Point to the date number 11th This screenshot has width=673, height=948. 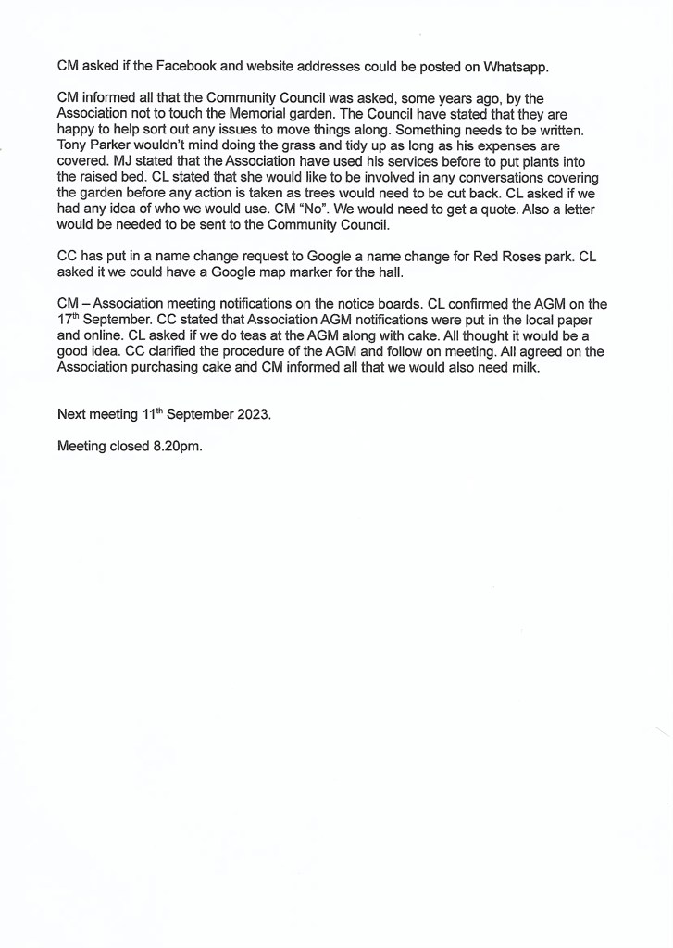click(x=150, y=414)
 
